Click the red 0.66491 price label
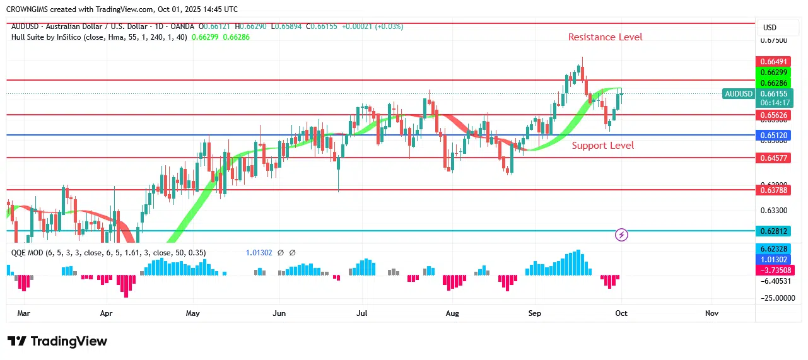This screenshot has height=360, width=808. [773, 61]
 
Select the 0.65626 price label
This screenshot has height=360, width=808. [773, 115]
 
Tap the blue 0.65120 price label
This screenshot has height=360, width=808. [773, 136]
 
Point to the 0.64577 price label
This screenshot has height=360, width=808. [773, 158]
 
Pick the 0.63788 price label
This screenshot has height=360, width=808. [773, 189]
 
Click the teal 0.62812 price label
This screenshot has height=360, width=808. [773, 231]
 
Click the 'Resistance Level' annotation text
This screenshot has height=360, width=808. [605, 37]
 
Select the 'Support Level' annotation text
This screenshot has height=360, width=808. [602, 146]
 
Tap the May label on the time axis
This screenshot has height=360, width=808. [193, 313]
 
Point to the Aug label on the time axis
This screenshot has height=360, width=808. [452, 313]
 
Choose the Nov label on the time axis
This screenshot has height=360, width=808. [711, 313]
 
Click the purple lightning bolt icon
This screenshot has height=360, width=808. [621, 235]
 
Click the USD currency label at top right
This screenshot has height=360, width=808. [770, 28]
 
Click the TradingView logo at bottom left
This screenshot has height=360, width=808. [57, 341]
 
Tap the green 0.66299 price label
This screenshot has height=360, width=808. [773, 73]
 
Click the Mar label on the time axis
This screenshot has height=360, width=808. [23, 313]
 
